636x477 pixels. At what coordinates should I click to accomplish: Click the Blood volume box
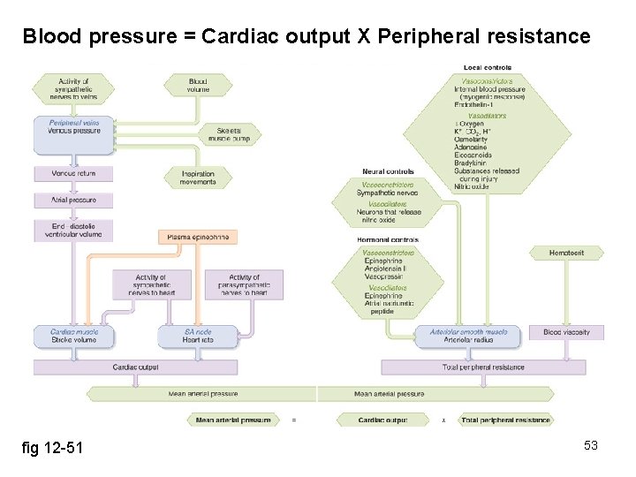pyautogui.click(x=198, y=85)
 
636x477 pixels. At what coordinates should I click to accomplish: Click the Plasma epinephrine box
pyautogui.click(x=199, y=237)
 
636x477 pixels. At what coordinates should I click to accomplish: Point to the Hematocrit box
pyautogui.click(x=566, y=253)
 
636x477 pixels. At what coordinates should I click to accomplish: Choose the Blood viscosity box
pyautogui.click(x=565, y=332)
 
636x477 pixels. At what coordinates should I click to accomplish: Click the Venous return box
pyautogui.click(x=73, y=174)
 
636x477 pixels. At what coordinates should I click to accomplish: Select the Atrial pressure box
pyautogui.click(x=73, y=201)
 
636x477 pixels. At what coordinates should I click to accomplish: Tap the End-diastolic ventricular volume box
pyautogui.click(x=73, y=231)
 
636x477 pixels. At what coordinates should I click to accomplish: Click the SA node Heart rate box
pyautogui.click(x=198, y=336)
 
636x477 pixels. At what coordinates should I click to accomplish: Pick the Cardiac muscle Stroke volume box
pyautogui.click(x=73, y=336)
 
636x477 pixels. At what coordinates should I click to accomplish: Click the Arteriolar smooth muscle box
pyautogui.click(x=468, y=336)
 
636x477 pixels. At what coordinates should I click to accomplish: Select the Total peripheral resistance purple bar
pyautogui.click(x=482, y=367)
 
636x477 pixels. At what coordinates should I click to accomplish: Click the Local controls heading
pyautogui.click(x=487, y=68)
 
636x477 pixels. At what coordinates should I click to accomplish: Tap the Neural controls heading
pyautogui.click(x=388, y=171)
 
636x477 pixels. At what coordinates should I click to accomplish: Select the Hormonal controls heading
pyautogui.click(x=388, y=240)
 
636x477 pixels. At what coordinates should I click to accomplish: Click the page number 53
pyautogui.click(x=590, y=445)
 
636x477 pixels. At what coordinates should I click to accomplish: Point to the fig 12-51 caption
pyautogui.click(x=52, y=448)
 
